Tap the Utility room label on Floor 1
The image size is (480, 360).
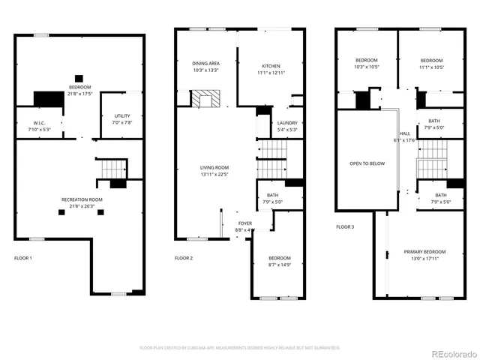(122, 115)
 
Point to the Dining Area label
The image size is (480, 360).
(205, 64)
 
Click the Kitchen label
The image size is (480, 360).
(271, 65)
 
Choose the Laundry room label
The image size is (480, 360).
(287, 123)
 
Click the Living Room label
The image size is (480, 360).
(214, 167)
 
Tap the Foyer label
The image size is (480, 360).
(245, 223)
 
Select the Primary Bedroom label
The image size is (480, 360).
(425, 251)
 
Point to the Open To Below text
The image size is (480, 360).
(367, 163)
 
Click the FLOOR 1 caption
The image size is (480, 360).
(23, 258)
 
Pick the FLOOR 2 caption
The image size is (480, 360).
(184, 258)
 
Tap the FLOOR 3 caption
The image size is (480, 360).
(345, 226)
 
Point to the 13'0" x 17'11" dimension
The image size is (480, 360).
(425, 258)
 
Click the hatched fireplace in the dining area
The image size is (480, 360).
(203, 99)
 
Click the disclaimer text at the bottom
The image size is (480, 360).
(240, 347)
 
